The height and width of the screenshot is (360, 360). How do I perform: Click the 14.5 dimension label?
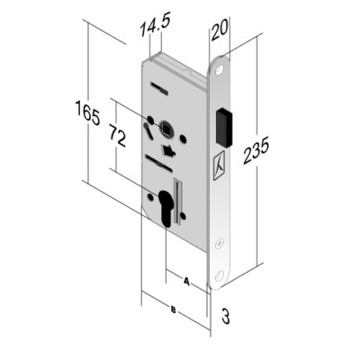[x=155, y=25]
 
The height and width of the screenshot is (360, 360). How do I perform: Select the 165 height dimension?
[x=87, y=112]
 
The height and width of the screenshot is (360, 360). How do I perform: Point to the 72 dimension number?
[x=117, y=136]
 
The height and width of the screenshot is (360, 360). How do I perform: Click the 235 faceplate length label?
[x=256, y=150]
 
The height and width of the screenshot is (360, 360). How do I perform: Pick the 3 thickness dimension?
[x=226, y=317]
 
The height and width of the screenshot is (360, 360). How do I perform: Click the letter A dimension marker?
[x=186, y=282]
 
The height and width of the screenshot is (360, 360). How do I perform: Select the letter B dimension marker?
[x=173, y=310]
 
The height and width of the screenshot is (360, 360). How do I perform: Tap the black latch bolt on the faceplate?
[x=225, y=128]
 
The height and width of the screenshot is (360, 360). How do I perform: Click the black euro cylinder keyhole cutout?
[x=165, y=208]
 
